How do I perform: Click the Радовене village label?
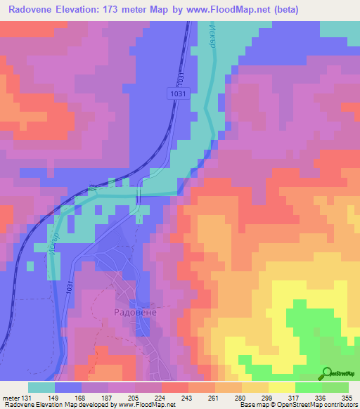tap(135, 311)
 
